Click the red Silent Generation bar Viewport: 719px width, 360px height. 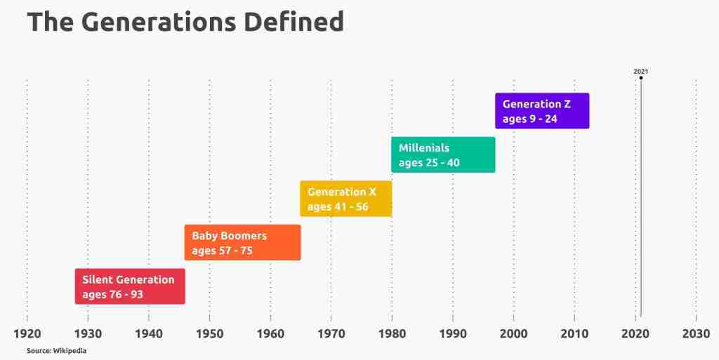point(130,286)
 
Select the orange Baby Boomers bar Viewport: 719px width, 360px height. point(242,242)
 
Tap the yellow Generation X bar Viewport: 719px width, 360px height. point(346,199)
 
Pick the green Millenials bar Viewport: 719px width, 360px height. point(444,155)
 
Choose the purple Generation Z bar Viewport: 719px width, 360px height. point(542,111)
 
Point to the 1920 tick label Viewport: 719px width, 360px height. point(27,333)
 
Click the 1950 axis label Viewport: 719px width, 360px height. point(209,333)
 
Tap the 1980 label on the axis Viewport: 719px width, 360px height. point(392,333)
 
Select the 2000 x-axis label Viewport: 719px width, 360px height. point(513,333)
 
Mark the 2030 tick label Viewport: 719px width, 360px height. point(696,333)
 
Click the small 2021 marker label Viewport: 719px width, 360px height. point(640,72)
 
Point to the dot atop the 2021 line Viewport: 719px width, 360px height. point(640,78)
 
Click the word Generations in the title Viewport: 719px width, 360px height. point(154,22)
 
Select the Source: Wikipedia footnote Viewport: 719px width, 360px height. point(56,351)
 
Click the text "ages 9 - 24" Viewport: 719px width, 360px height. point(529,119)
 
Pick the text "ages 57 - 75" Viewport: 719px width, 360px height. point(223,251)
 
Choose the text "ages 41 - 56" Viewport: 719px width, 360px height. point(338,207)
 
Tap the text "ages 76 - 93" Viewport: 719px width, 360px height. point(113,295)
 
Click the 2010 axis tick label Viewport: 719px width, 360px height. point(574,333)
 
